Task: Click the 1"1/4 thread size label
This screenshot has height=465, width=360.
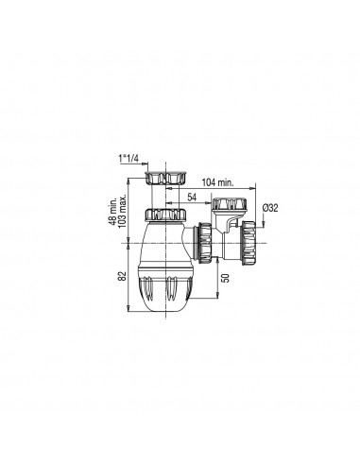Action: pyautogui.click(x=129, y=159)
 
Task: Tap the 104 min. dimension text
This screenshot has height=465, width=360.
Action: pyautogui.click(x=217, y=182)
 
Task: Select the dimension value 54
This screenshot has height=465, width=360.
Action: pyautogui.click(x=192, y=198)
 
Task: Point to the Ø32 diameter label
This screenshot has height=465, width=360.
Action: pyautogui.click(x=270, y=208)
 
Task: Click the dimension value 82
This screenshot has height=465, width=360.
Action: pyautogui.click(x=123, y=276)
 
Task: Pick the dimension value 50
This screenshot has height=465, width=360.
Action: pyautogui.click(x=226, y=278)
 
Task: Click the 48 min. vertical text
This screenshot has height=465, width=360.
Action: pyautogui.click(x=113, y=211)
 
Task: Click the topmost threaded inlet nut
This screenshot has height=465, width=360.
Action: pyautogui.click(x=165, y=179)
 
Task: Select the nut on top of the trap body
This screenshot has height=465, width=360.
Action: pyautogui.click(x=165, y=215)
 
